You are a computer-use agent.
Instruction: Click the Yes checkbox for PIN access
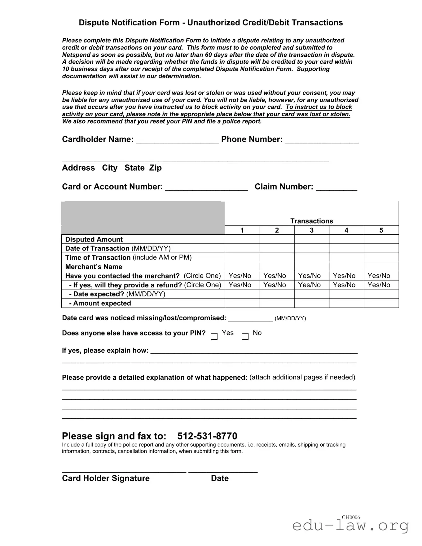(x=214, y=336)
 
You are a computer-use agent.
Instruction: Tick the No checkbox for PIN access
(x=245, y=336)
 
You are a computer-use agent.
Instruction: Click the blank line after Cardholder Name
(x=177, y=140)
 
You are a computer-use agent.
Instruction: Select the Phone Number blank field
(x=322, y=140)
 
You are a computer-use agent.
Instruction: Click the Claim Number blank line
(x=336, y=187)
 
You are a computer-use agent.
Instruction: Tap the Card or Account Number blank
(x=206, y=187)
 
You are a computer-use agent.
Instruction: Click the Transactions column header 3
(x=312, y=230)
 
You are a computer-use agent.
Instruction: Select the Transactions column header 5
(x=381, y=230)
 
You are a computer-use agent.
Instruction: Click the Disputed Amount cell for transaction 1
(x=242, y=239)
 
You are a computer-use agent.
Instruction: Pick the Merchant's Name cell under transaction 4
(x=346, y=267)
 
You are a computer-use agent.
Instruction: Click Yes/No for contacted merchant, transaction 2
(x=275, y=276)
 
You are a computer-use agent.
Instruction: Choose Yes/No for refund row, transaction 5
(x=379, y=285)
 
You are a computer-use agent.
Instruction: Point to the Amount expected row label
(x=100, y=303)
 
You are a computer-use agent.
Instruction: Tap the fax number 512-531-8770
(x=207, y=436)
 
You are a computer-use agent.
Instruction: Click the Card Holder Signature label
(x=106, y=478)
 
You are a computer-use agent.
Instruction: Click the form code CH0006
(x=351, y=517)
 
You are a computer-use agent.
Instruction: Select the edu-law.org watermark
(x=350, y=526)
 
